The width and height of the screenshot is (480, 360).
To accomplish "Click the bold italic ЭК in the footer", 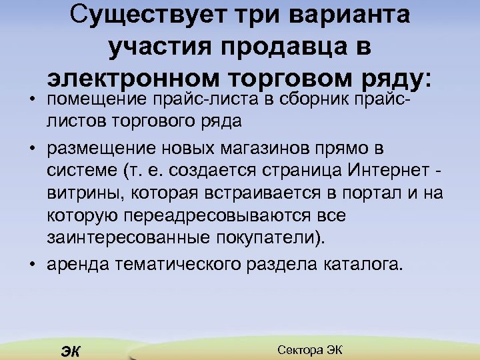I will [69, 352].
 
